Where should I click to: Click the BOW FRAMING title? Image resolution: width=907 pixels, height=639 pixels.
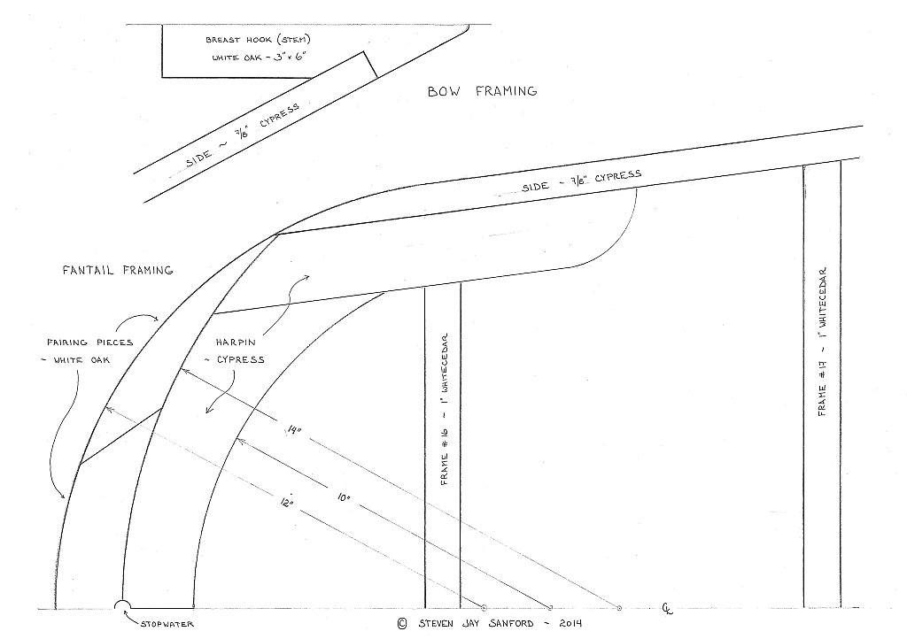coord(483,91)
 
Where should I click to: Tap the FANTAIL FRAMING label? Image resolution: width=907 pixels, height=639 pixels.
coord(118,270)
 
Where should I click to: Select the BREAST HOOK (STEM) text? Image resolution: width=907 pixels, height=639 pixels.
coord(258,40)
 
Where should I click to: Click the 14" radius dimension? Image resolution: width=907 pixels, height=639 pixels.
coord(294,429)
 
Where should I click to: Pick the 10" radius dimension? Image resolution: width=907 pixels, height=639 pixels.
coord(344,497)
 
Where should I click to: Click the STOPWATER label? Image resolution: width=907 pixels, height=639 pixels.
coord(167,624)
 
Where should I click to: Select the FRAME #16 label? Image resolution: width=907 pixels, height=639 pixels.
coord(445,409)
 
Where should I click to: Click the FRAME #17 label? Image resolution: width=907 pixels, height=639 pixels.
coord(823,341)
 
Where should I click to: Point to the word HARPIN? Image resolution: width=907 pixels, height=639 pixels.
coord(236,342)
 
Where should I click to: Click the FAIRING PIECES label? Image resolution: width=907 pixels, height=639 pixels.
coord(90,342)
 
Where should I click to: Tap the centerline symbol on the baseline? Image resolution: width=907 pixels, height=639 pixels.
coord(668,608)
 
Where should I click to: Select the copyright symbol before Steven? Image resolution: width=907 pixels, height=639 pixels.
coord(402,623)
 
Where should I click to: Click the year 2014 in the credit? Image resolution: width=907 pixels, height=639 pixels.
coord(570,623)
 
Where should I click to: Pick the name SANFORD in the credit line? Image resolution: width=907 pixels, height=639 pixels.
coord(512,623)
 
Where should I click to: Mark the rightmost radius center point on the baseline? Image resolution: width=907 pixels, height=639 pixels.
coord(619,608)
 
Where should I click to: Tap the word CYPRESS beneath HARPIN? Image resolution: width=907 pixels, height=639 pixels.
coord(241,359)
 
